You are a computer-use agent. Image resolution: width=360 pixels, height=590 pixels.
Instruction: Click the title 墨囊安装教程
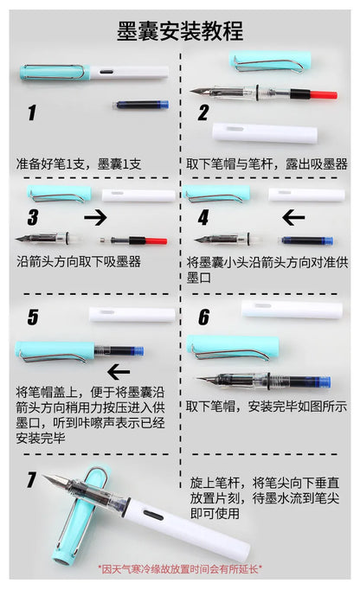180,31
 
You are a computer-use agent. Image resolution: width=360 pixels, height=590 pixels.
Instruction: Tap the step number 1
32,112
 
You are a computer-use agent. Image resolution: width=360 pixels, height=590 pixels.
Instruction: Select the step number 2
203,112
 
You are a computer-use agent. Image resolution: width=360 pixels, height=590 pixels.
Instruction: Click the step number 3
33,217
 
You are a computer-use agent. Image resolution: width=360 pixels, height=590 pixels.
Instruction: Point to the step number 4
203,217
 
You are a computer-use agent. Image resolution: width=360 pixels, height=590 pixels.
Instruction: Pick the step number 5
32,317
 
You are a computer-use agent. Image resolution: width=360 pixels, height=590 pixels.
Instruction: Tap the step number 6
203,317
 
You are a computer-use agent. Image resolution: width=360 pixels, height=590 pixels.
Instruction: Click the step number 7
32,479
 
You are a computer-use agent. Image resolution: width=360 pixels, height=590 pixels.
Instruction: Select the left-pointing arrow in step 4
294,216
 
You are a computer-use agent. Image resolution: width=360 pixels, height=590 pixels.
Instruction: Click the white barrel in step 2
254,131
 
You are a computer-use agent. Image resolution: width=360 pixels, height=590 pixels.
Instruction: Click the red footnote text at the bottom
180,569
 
